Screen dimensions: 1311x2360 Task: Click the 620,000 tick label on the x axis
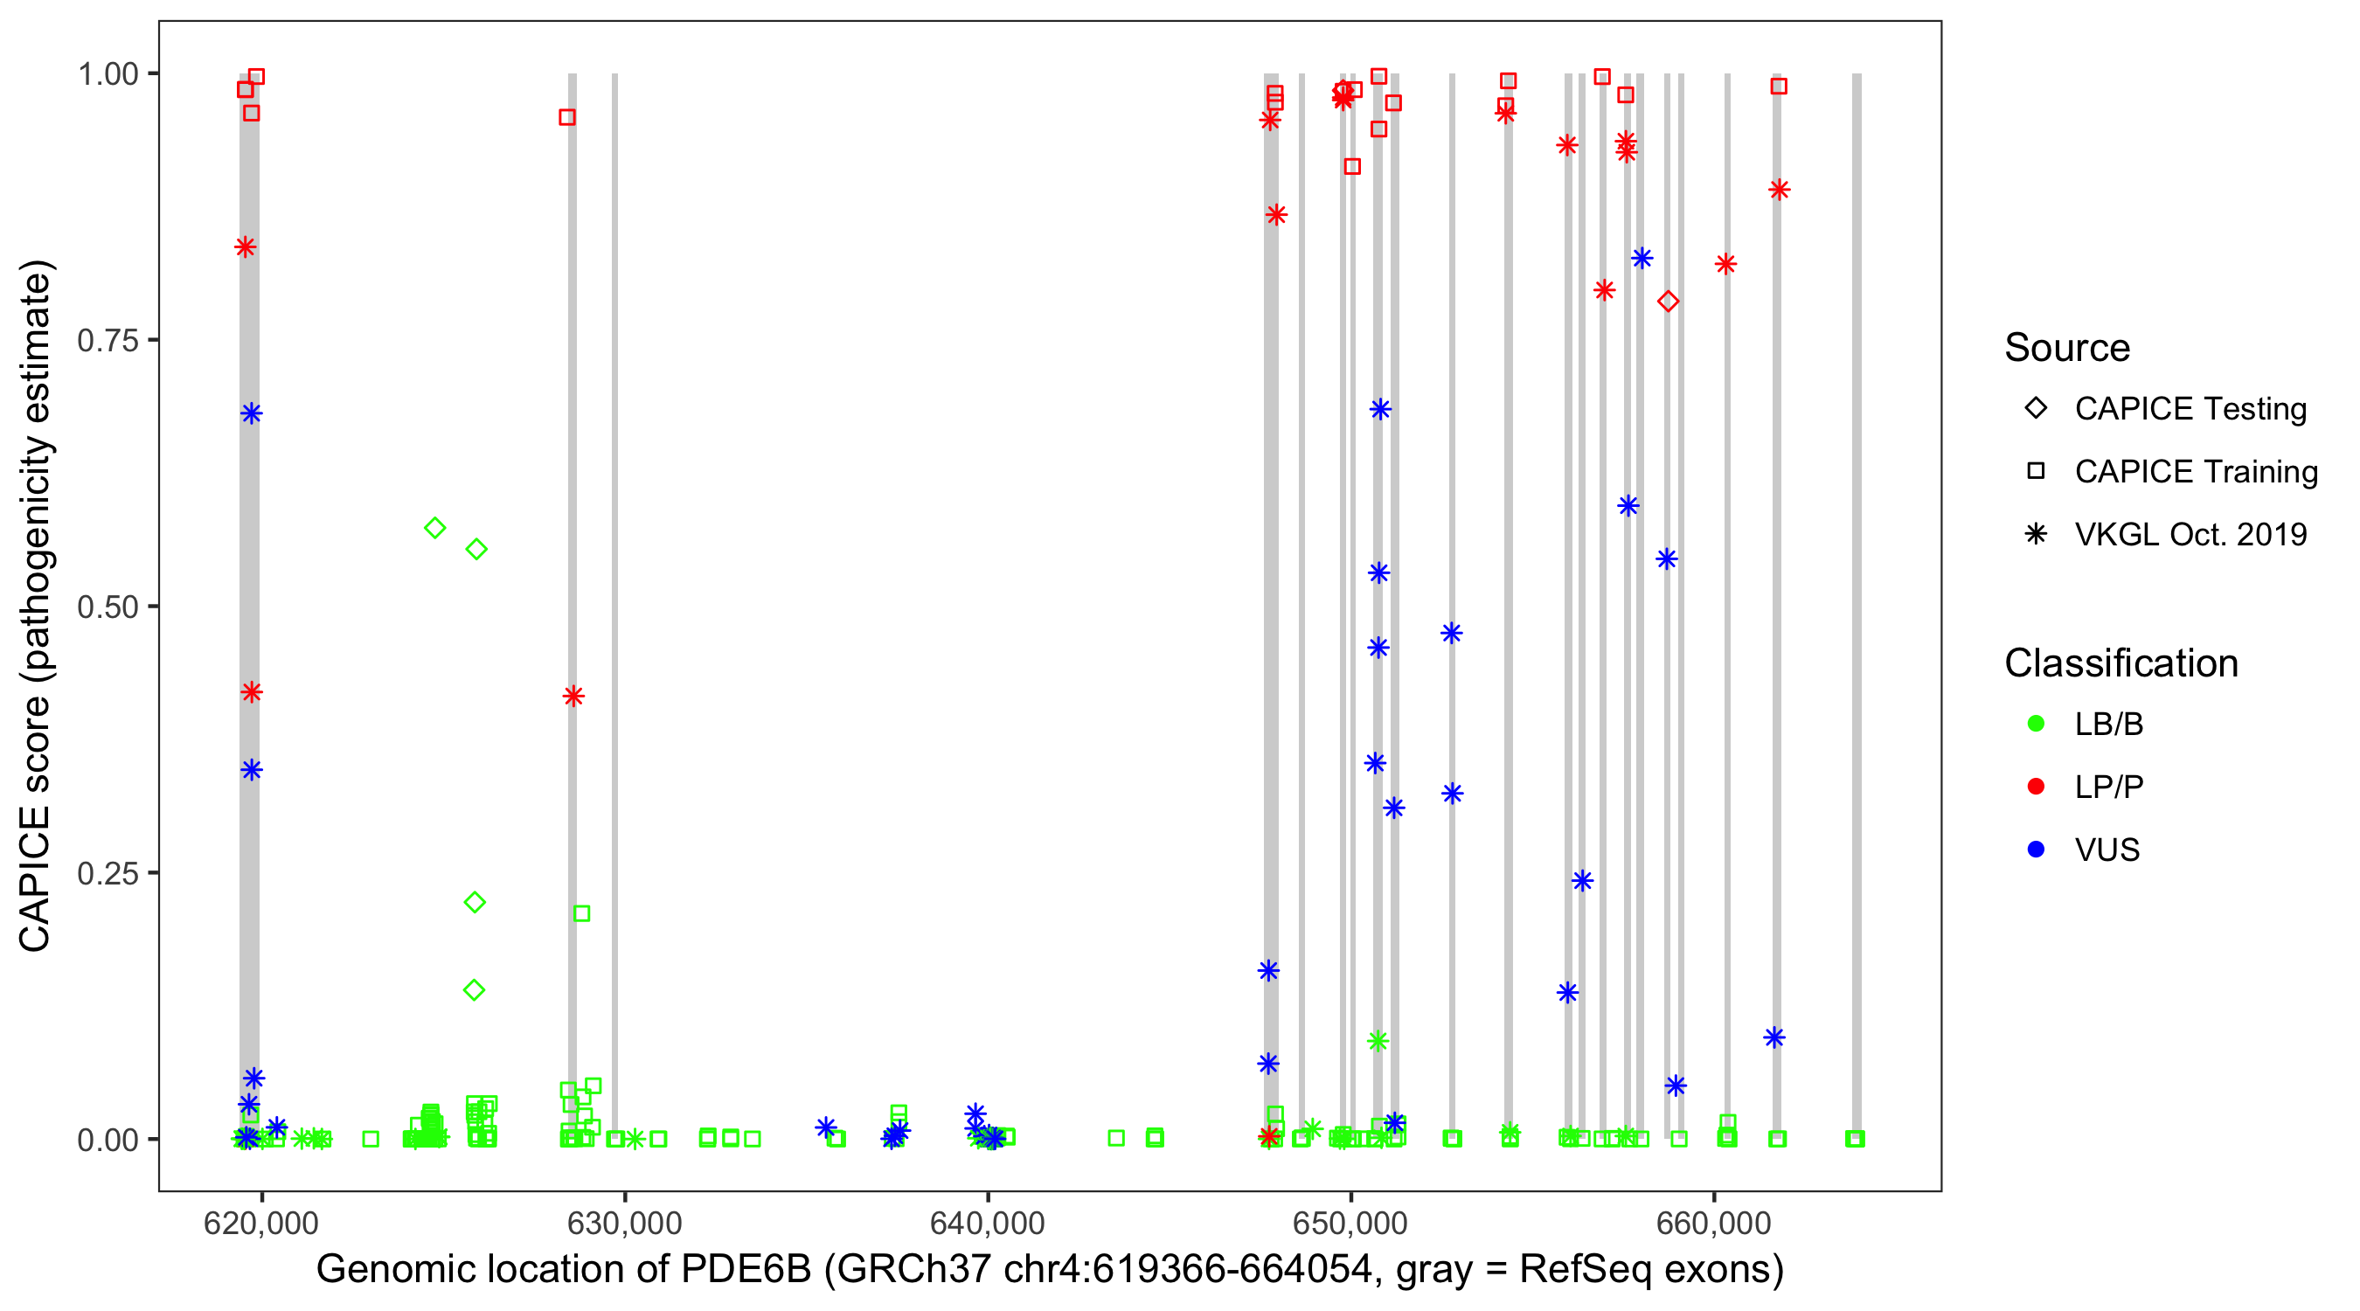click(261, 1223)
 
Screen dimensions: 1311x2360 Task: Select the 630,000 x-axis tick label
click(624, 1223)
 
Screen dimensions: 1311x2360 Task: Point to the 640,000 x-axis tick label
click(987, 1223)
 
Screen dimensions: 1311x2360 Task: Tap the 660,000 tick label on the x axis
click(1713, 1223)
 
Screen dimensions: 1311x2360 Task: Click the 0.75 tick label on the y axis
click(107, 340)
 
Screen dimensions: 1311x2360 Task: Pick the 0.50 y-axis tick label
click(107, 607)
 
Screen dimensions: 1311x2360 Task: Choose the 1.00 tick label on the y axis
click(107, 73)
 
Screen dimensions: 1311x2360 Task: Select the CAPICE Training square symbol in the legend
click(2036, 471)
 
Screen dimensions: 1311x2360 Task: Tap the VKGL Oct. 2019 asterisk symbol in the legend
click(2036, 534)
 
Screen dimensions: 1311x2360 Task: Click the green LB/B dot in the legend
click(2036, 724)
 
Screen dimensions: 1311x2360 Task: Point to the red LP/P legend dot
click(2036, 786)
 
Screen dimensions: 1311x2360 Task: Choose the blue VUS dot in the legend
click(2036, 850)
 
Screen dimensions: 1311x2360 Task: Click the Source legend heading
click(2067, 348)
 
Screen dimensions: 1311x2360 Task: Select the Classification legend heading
click(2121, 663)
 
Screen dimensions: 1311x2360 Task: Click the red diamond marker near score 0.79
click(1668, 302)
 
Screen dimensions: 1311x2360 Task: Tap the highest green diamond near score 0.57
click(435, 528)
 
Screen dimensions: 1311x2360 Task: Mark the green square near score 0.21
click(581, 913)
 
